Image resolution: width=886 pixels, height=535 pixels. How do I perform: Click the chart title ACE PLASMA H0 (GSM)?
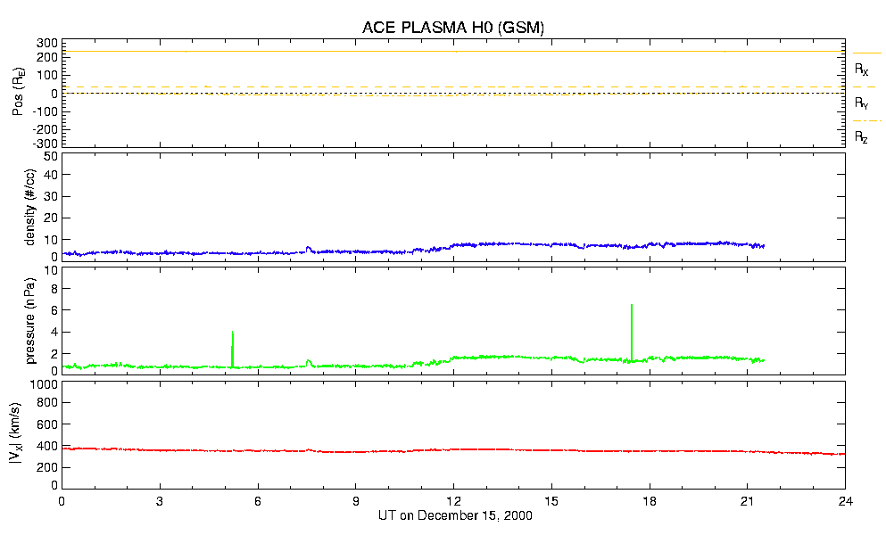(452, 28)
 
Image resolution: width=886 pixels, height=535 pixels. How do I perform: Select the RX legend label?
(861, 69)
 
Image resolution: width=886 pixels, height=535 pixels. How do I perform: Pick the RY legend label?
(861, 103)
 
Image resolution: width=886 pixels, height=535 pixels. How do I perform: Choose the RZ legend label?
(861, 137)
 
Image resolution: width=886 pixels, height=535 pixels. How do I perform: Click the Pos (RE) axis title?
(18, 92)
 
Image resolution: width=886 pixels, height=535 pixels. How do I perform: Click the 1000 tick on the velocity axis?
(42, 385)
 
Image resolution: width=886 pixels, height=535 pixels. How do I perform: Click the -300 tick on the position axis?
(45, 143)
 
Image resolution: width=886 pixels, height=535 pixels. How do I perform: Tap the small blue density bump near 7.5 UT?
(309, 248)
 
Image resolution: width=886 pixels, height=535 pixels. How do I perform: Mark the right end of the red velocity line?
(844, 454)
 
